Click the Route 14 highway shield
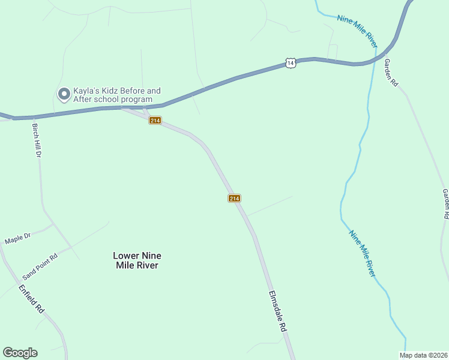pyautogui.click(x=291, y=62)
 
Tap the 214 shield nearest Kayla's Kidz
pyautogui.click(x=155, y=121)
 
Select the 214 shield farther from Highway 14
pyautogui.click(x=234, y=199)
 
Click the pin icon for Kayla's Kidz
pyautogui.click(x=63, y=94)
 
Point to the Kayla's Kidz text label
pyautogui.click(x=117, y=95)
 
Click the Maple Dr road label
pyautogui.click(x=17, y=239)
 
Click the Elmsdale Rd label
pyautogui.click(x=278, y=313)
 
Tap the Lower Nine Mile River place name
pyautogui.click(x=136, y=260)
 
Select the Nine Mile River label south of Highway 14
pyautogui.click(x=362, y=254)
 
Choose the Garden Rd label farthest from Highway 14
pyautogui.click(x=445, y=203)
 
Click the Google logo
pyautogui.click(x=20, y=353)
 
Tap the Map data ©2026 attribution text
pyautogui.click(x=423, y=355)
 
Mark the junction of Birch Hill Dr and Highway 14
pyautogui.click(x=33, y=117)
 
